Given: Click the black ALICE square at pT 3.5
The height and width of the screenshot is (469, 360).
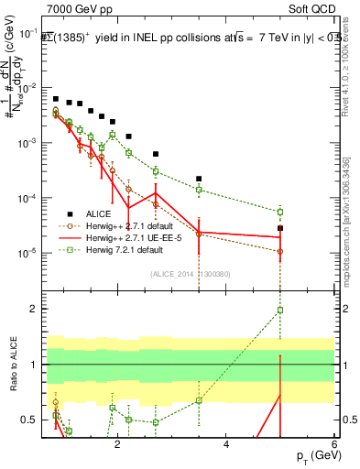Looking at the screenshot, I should click(x=199, y=179).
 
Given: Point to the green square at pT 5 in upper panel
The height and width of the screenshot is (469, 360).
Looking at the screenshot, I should click(x=280, y=212).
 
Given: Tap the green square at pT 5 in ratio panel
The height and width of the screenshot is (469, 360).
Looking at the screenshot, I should click(x=280, y=310).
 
